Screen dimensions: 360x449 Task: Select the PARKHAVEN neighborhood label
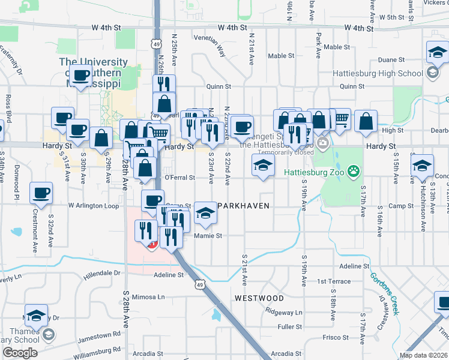(x=242, y=205)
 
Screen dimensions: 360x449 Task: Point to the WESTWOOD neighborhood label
(x=259, y=298)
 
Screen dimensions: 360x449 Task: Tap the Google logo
(x=20, y=353)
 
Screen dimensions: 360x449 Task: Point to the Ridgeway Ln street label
(x=285, y=312)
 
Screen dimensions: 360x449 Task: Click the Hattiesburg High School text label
(x=393, y=74)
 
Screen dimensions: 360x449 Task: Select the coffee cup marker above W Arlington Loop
(x=41, y=193)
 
